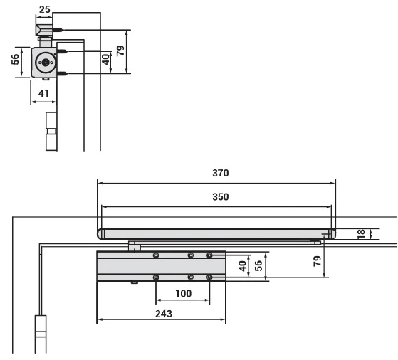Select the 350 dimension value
point(221,197)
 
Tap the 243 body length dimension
point(163,313)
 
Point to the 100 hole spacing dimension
point(183,292)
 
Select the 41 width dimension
point(43,92)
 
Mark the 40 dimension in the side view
point(105,60)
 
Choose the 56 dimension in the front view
point(258,265)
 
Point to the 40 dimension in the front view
point(242,265)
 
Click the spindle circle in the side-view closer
point(46,63)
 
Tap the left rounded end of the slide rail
point(101,233)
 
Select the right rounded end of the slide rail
point(331,233)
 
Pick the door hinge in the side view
point(50,132)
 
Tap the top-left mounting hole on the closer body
point(156,255)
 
